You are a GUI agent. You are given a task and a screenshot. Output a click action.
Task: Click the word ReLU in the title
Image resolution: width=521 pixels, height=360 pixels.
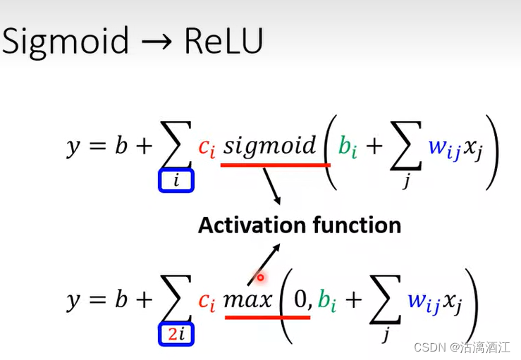[x=223, y=42]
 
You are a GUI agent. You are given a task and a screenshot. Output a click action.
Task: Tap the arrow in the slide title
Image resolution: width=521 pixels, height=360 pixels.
[x=157, y=42]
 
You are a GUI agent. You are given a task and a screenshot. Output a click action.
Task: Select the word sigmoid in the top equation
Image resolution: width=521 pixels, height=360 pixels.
[x=270, y=146]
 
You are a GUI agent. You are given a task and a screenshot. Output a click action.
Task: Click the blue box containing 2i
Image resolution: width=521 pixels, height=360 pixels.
[x=176, y=335]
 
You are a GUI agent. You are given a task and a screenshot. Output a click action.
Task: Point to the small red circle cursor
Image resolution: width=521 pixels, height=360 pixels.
[x=259, y=278]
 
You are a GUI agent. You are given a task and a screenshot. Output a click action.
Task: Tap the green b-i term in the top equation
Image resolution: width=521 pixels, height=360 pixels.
[x=348, y=147]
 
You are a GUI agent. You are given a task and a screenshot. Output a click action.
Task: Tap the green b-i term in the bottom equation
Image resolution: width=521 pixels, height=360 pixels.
[x=326, y=301]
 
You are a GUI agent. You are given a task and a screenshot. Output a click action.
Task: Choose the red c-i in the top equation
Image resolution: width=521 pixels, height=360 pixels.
[x=205, y=147]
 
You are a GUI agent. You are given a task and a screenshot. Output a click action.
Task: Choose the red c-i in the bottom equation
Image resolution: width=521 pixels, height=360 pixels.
[x=206, y=301]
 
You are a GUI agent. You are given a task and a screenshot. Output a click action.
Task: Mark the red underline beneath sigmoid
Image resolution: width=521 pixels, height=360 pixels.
[x=275, y=165]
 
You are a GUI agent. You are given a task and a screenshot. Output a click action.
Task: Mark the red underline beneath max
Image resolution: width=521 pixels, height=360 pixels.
[x=267, y=317]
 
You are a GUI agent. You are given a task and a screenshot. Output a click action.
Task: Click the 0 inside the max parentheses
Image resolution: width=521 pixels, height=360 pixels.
[x=301, y=300]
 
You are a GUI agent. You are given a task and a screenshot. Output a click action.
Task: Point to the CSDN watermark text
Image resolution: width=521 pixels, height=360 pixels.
[x=427, y=348]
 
